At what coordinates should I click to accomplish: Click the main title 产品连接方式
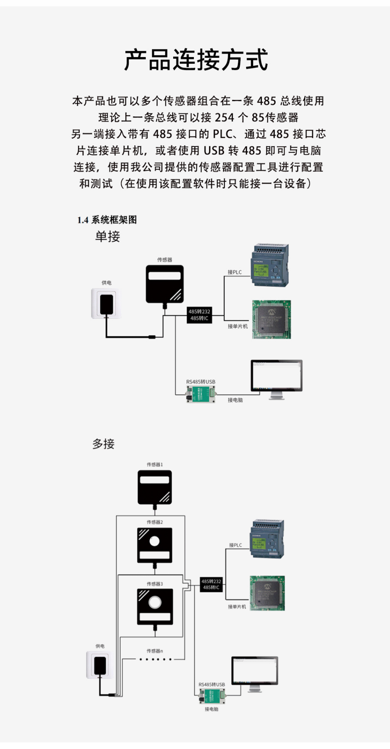(196, 60)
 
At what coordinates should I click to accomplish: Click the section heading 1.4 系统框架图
(107, 220)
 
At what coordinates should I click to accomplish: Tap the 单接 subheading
(108, 236)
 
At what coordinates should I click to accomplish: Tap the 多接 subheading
(103, 444)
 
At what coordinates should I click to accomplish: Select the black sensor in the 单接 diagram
(165, 284)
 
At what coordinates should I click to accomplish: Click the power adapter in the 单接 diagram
(106, 303)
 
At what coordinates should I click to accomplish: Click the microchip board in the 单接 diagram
(271, 319)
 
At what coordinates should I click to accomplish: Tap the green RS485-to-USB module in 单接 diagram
(201, 394)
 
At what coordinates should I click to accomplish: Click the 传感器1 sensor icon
(155, 487)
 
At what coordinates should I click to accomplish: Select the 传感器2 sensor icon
(155, 545)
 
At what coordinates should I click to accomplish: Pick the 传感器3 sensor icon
(155, 606)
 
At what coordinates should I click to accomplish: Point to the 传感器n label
(155, 651)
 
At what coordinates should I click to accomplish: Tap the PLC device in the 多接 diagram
(267, 539)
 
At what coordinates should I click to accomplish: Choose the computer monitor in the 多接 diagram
(255, 672)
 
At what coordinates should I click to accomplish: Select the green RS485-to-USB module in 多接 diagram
(212, 696)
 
